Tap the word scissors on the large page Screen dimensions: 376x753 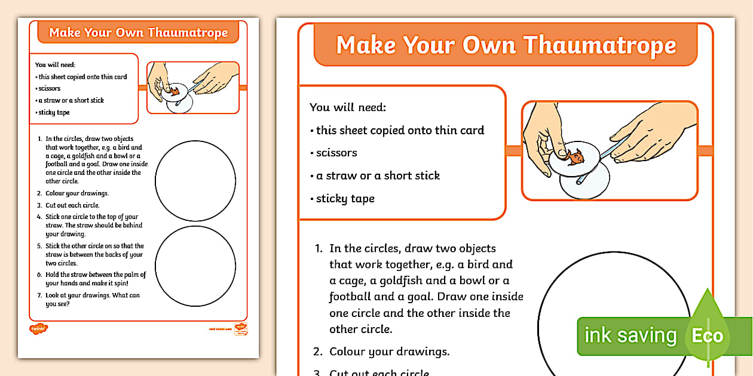click(336, 153)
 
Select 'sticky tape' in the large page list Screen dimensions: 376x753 click(345, 199)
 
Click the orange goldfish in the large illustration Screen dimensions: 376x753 click(575, 158)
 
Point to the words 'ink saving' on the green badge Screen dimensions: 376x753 click(630, 335)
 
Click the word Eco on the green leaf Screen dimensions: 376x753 click(707, 335)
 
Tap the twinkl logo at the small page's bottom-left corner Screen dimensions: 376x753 click(38, 328)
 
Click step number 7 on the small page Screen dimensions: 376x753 click(39, 295)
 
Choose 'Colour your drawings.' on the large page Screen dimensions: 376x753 click(389, 352)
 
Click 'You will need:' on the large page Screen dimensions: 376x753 click(348, 107)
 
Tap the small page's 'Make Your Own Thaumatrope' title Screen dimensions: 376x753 click(138, 32)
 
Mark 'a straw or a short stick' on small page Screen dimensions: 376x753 click(70, 100)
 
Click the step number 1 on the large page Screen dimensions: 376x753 click(319, 248)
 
